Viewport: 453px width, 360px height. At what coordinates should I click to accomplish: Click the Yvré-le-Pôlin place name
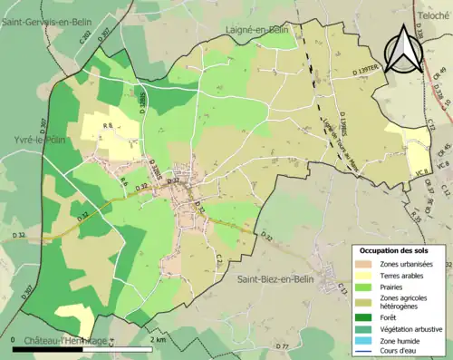(x=30, y=129)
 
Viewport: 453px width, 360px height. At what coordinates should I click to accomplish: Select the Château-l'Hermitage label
(x=65, y=340)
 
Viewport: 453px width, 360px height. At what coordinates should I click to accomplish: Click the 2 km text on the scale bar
(x=159, y=339)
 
